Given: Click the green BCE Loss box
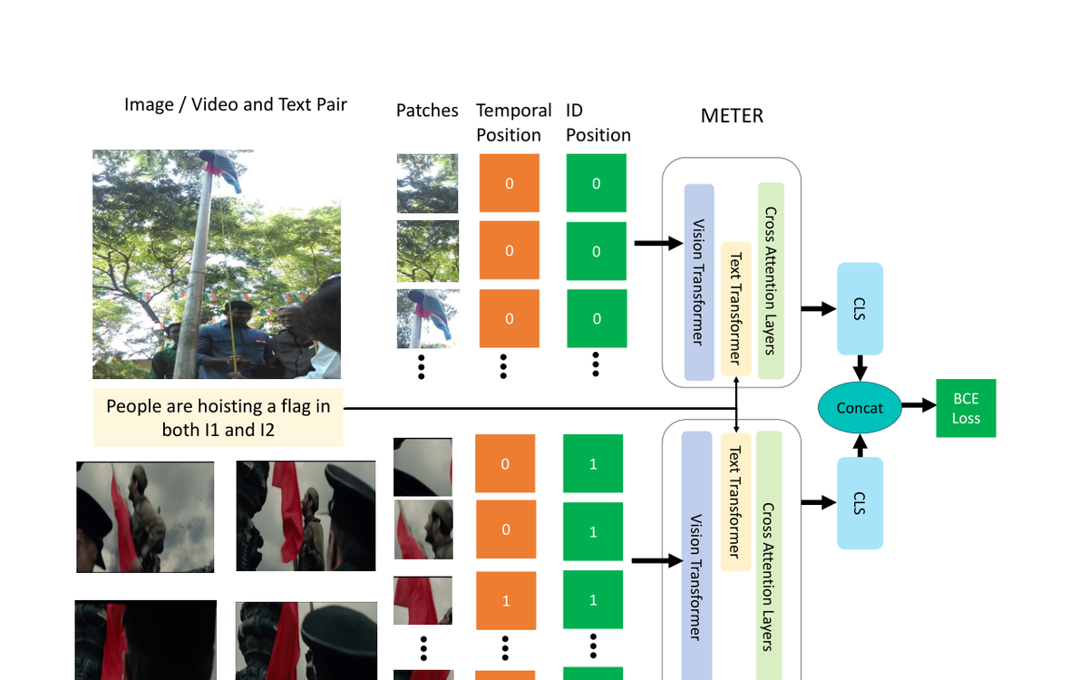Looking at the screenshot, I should [966, 408].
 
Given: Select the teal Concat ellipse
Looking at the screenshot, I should [860, 408].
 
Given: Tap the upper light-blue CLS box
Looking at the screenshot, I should [860, 308].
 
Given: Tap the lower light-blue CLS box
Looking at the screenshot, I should [860, 503].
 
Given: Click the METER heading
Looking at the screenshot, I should [732, 116].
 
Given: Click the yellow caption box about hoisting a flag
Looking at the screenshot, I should [219, 418].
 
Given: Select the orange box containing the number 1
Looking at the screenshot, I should [506, 600].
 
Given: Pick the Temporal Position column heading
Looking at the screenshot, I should [513, 122].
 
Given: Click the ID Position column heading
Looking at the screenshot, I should [597, 122].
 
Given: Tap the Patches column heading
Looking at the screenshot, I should [427, 111].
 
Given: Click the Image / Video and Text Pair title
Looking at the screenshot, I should [236, 104].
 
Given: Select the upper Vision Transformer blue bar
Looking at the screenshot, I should [698, 282].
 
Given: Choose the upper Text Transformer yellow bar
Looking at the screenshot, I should [735, 308].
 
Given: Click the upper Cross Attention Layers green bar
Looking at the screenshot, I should [771, 280].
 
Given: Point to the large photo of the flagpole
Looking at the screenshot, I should [217, 264].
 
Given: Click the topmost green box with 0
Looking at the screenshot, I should [596, 183].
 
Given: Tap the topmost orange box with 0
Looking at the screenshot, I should [509, 183].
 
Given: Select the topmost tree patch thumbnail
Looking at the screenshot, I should [427, 183].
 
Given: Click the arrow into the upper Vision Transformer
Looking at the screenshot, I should [657, 243].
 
